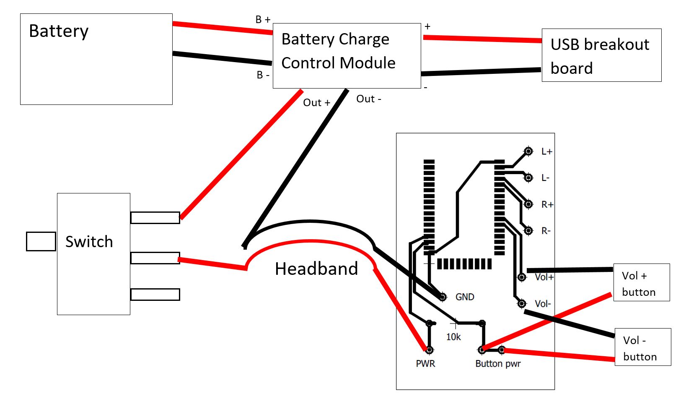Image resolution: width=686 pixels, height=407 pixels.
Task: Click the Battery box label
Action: pyautogui.click(x=59, y=31)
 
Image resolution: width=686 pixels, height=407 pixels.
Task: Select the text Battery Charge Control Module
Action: pyautogui.click(x=338, y=51)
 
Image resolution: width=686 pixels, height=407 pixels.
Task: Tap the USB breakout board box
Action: pyautogui.click(x=601, y=55)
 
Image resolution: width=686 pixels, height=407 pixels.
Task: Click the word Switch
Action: pyautogui.click(x=89, y=242)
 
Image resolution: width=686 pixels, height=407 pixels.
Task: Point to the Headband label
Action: pyautogui.click(x=316, y=269)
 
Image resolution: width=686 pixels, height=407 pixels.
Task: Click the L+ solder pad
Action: pyautogui.click(x=528, y=151)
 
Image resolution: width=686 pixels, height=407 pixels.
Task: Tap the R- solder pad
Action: pyautogui.click(x=528, y=231)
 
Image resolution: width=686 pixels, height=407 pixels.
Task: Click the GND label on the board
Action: pyautogui.click(x=465, y=297)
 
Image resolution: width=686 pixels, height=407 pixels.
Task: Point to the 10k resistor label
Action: pyautogui.click(x=453, y=337)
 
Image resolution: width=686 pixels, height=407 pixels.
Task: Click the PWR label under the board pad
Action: pyautogui.click(x=425, y=364)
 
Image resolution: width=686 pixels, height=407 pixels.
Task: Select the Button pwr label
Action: pyautogui.click(x=498, y=364)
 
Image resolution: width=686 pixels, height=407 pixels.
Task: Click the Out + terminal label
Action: pyautogui.click(x=316, y=103)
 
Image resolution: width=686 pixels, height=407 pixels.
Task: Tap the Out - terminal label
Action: pyautogui.click(x=368, y=99)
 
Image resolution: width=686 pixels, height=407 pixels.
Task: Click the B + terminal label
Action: pyautogui.click(x=263, y=20)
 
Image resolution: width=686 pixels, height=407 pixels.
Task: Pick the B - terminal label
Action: pyautogui.click(x=263, y=75)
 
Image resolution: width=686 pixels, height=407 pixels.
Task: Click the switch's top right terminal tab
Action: pyautogui.click(x=155, y=218)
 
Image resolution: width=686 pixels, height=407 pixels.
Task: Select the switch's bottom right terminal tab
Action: pyautogui.click(x=155, y=295)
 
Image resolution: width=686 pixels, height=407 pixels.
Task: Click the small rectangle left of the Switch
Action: pyautogui.click(x=41, y=242)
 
